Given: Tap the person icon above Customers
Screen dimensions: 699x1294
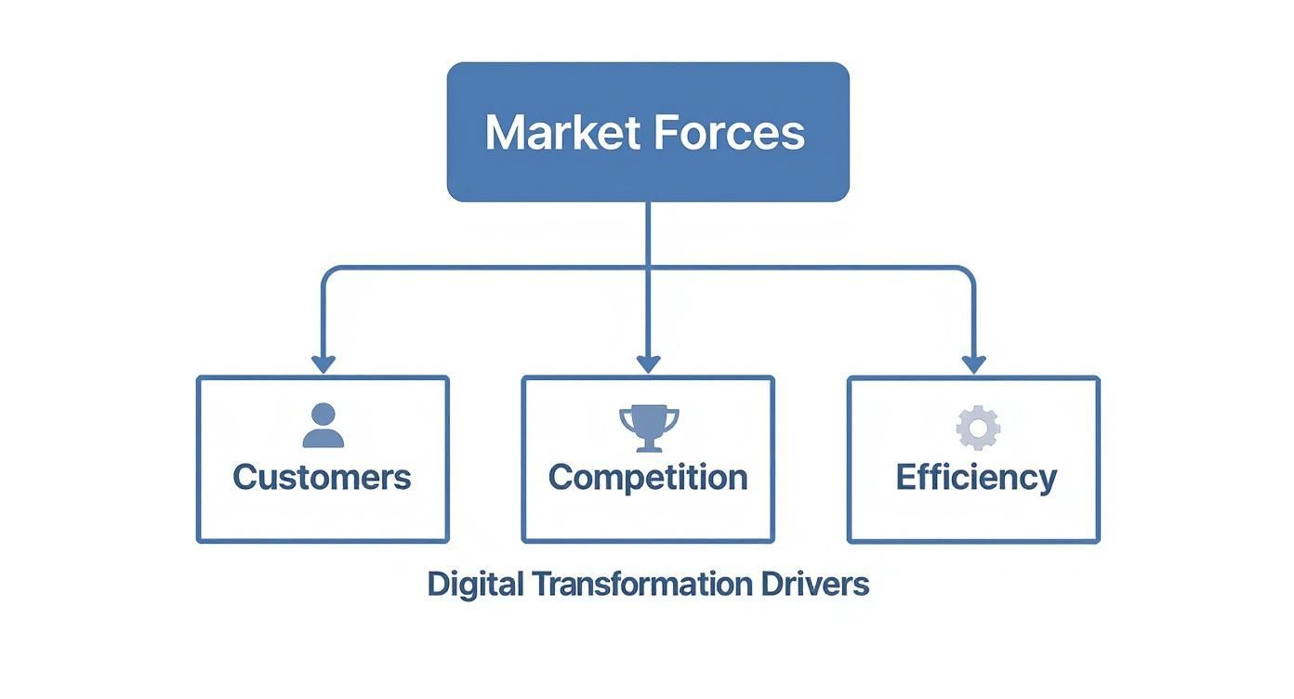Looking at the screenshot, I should (x=323, y=426).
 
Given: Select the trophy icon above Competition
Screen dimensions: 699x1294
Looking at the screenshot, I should (x=648, y=426).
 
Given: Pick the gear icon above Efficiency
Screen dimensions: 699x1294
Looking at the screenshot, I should (x=977, y=428).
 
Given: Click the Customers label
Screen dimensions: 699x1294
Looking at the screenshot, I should (x=322, y=477).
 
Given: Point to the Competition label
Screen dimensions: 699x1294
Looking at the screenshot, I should (x=648, y=477).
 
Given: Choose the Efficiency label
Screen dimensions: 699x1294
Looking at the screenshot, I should (x=976, y=477).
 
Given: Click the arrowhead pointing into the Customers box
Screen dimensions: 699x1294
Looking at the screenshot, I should (x=323, y=364).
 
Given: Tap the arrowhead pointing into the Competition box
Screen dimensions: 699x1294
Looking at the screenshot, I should (x=648, y=364).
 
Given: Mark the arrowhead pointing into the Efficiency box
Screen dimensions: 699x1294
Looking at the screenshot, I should (x=973, y=364).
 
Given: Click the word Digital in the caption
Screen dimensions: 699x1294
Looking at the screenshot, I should (x=475, y=584).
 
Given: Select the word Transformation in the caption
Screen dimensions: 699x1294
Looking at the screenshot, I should (x=642, y=584).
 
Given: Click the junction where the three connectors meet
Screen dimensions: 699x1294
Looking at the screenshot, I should (x=648, y=268).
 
